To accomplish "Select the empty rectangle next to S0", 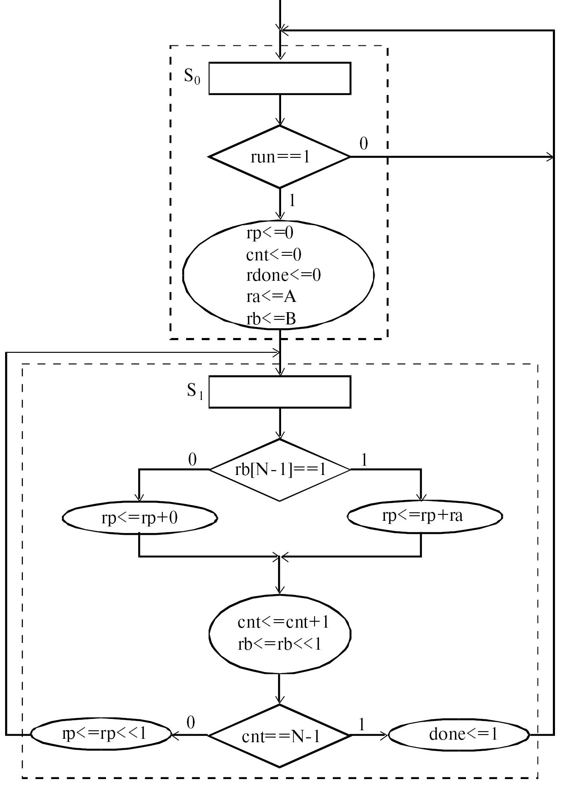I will (279, 78).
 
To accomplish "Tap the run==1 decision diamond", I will (280, 157).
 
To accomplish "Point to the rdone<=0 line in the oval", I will (283, 275).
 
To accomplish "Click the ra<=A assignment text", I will (271, 297).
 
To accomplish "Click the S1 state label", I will (195, 391).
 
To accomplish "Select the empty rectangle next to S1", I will (279, 392).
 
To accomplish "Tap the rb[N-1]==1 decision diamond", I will (280, 470).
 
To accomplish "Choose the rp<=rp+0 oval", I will (139, 518).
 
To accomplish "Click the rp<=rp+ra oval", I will (424, 516).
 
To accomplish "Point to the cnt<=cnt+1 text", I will (283, 622).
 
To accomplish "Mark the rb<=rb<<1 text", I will (279, 644).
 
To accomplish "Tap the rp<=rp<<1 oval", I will (101, 733).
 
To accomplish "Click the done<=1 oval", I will (459, 734).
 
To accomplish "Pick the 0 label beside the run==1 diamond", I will (363, 144).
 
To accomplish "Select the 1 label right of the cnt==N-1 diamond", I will (362, 724).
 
